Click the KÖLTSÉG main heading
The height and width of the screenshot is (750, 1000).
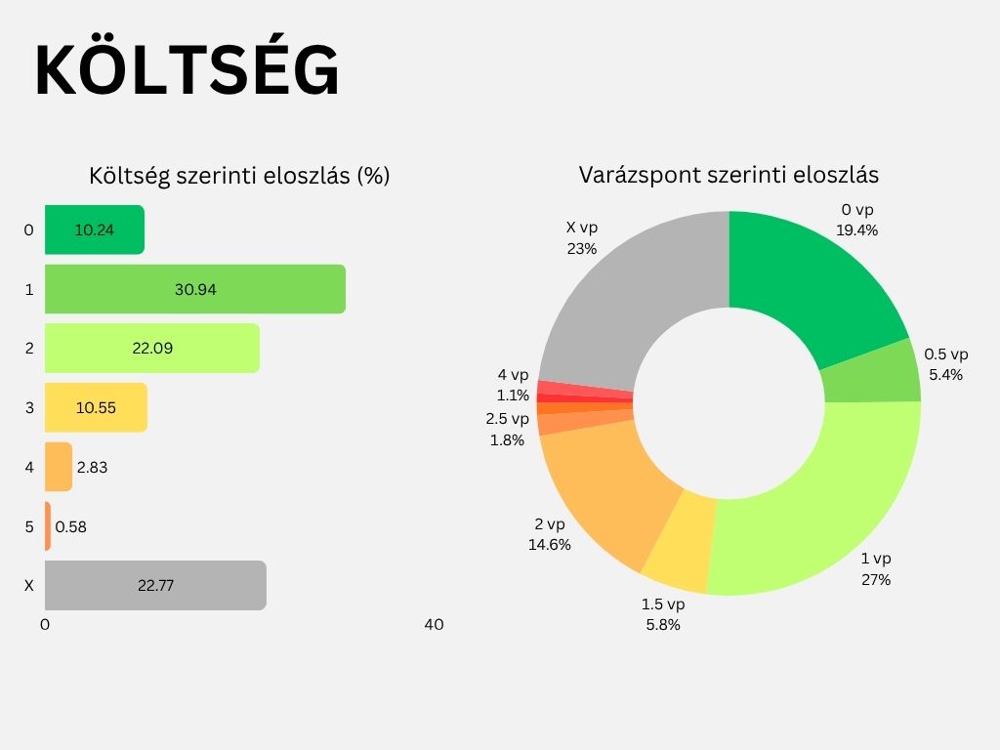[187, 71]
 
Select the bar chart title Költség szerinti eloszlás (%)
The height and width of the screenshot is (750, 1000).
[239, 176]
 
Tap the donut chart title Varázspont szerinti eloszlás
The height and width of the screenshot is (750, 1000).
[729, 176]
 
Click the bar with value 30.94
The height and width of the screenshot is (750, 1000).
[195, 289]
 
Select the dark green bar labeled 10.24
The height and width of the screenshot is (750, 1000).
[95, 229]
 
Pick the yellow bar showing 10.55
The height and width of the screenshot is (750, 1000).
[96, 407]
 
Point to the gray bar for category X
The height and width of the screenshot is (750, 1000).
[155, 585]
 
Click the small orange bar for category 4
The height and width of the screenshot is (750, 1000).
[59, 467]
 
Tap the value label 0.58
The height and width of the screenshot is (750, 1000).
[71, 526]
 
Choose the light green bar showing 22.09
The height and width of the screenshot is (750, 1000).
[152, 348]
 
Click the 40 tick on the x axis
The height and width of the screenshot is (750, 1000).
[434, 625]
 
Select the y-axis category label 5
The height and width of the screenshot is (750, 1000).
[28, 526]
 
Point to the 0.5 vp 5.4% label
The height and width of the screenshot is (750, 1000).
[945, 364]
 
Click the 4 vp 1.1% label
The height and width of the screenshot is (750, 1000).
[513, 385]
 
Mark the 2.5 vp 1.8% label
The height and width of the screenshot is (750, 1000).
[508, 429]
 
